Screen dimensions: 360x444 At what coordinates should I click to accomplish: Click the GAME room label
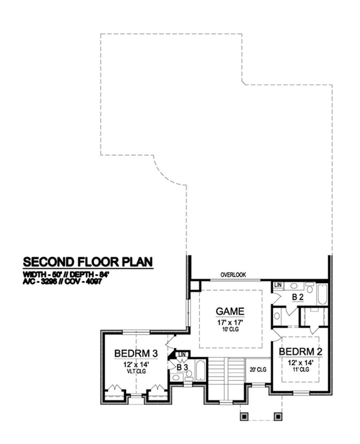tap(230, 311)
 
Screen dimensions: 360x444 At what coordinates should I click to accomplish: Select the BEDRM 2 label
tap(300, 352)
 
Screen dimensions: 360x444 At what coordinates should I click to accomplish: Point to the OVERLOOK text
tap(233, 275)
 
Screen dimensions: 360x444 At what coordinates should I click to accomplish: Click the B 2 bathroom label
tap(298, 297)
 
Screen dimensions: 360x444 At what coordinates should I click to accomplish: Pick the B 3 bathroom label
tap(182, 368)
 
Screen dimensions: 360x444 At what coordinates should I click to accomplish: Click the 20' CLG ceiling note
tap(258, 370)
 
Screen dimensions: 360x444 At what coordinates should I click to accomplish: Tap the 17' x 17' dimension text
tap(230, 323)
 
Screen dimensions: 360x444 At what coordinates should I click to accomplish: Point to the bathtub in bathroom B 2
tap(322, 294)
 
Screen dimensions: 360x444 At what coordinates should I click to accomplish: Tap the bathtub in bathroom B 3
tap(200, 370)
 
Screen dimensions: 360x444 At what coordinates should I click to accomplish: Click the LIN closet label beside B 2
tap(278, 285)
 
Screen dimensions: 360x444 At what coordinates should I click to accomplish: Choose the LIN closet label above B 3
tap(182, 354)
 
